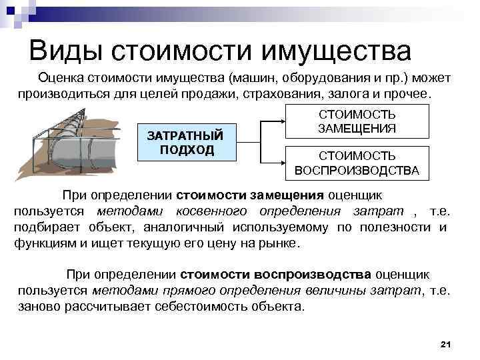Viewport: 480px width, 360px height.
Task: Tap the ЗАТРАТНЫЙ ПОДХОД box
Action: [x=188, y=141]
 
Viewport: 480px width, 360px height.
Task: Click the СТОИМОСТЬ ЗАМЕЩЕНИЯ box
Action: [x=357, y=121]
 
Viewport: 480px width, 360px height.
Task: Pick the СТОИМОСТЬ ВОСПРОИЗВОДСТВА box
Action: [x=357, y=163]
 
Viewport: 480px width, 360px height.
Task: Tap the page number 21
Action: [x=446, y=343]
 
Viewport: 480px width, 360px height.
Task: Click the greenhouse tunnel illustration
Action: [x=77, y=143]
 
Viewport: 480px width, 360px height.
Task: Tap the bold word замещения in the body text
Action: [x=287, y=195]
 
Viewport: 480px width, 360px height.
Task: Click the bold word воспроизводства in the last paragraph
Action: [x=322, y=275]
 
